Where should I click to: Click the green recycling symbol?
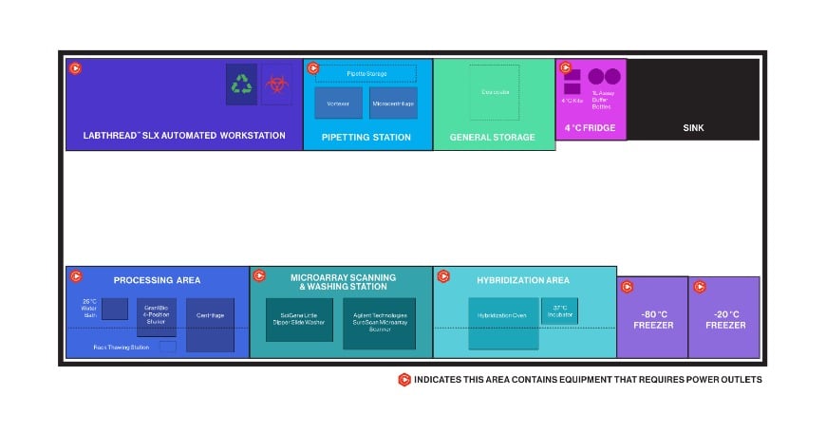(x=242, y=85)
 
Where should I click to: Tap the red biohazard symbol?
(x=277, y=85)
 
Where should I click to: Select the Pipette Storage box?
(x=365, y=73)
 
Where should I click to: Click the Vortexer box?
(x=338, y=103)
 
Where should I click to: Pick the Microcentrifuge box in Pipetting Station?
(x=393, y=103)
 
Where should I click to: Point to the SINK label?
(x=693, y=128)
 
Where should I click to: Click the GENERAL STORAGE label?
(x=493, y=137)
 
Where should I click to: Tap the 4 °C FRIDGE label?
(x=590, y=128)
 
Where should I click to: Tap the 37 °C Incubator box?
(x=559, y=311)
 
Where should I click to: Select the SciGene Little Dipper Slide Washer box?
(x=299, y=320)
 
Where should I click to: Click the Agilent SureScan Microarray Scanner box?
(x=379, y=323)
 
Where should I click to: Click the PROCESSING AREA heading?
(x=157, y=280)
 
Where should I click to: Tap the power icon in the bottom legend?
(x=404, y=380)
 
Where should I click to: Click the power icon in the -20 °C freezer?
(x=700, y=287)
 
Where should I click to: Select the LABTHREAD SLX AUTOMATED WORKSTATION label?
(x=178, y=136)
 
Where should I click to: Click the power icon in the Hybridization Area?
(x=442, y=276)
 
